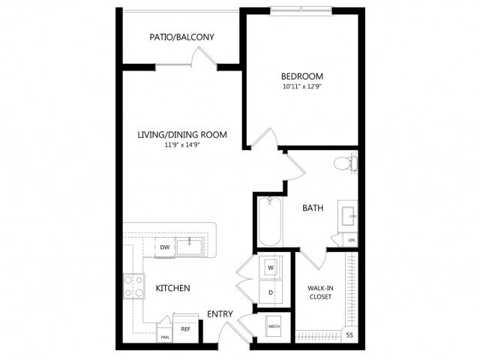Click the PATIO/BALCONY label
pyautogui.click(x=181, y=37)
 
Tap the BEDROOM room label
pyautogui.click(x=301, y=76)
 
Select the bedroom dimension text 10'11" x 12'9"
pyautogui.click(x=301, y=88)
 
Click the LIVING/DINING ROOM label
pyautogui.click(x=181, y=135)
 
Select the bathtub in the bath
pyautogui.click(x=268, y=221)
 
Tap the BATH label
pyautogui.click(x=313, y=208)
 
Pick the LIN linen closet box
pyautogui.click(x=351, y=240)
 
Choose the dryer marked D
pyautogui.click(x=270, y=292)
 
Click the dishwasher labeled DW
pyautogui.click(x=164, y=247)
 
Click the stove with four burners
pyautogui.click(x=134, y=286)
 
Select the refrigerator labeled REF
pyautogui.click(x=184, y=328)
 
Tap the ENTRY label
pyautogui.click(x=220, y=313)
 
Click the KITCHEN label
pyautogui.click(x=172, y=288)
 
